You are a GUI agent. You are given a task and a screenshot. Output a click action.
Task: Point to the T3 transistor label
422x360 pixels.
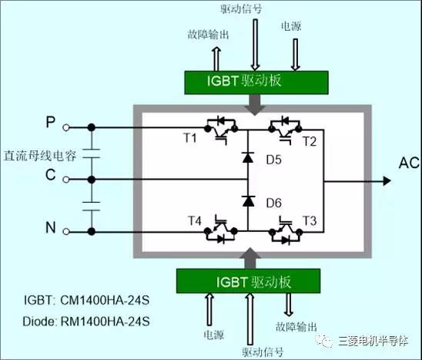pyautogui.click(x=310, y=221)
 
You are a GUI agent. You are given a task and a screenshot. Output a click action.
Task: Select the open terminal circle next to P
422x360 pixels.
pyautogui.click(x=66, y=127)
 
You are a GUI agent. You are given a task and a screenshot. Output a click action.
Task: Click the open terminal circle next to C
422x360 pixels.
pyautogui.click(x=66, y=179)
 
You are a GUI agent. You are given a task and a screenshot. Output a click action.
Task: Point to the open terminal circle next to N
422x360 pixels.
pyautogui.click(x=66, y=230)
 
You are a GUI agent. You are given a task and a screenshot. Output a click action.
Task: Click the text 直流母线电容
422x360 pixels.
pyautogui.click(x=39, y=153)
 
